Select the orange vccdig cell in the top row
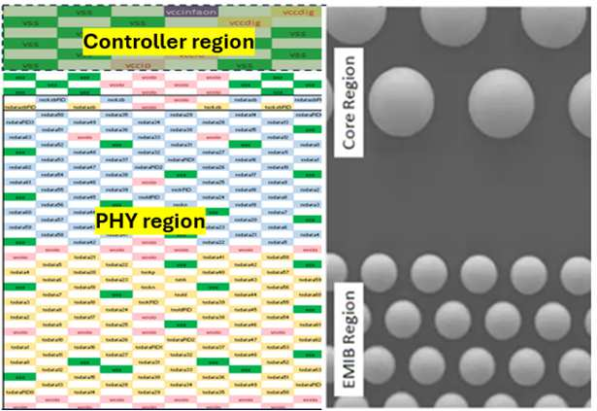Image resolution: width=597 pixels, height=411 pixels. point(289,11)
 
